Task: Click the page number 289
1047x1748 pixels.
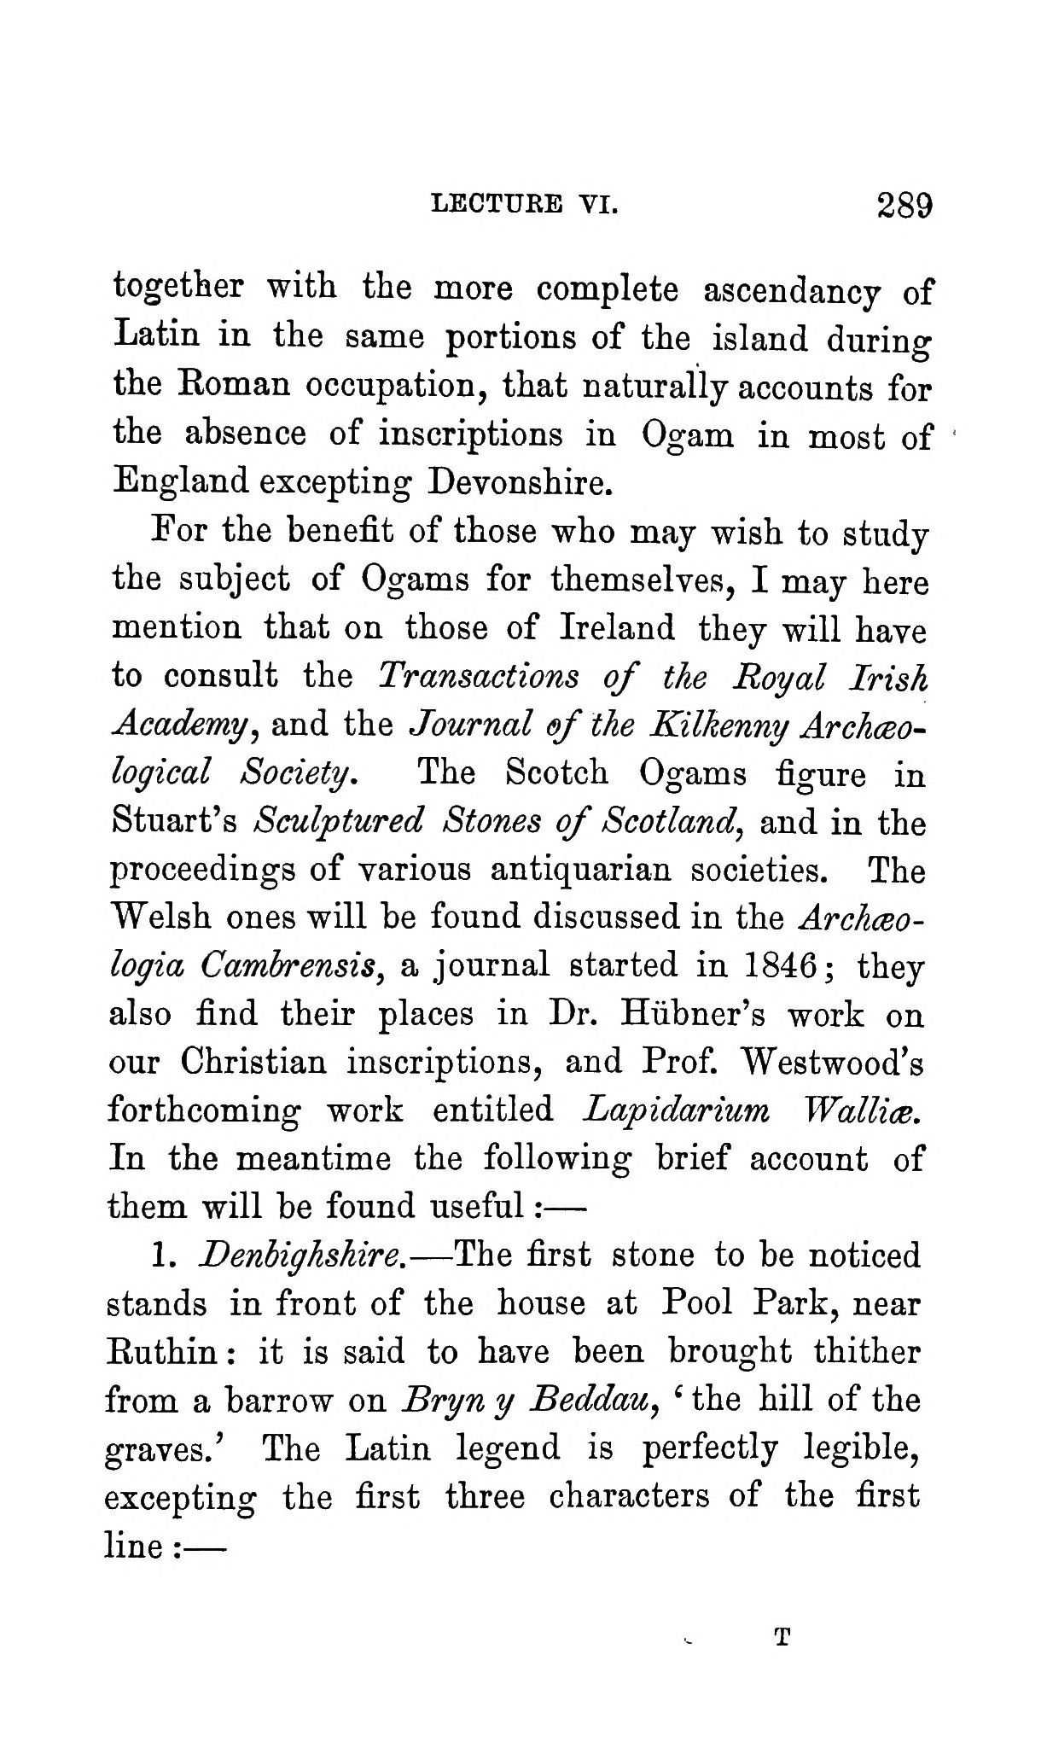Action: pyautogui.click(x=902, y=207)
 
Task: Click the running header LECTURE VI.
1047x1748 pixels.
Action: pyautogui.click(x=524, y=205)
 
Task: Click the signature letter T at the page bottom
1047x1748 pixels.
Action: pyautogui.click(x=781, y=1637)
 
